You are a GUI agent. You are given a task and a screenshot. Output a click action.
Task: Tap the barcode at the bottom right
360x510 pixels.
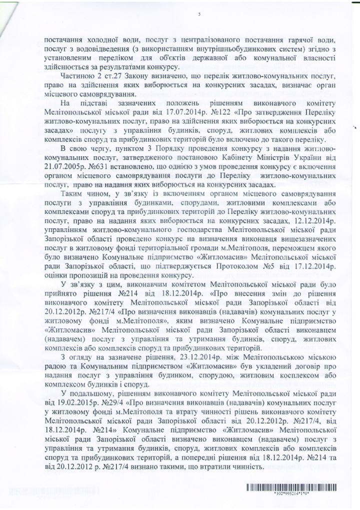(292, 487)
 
